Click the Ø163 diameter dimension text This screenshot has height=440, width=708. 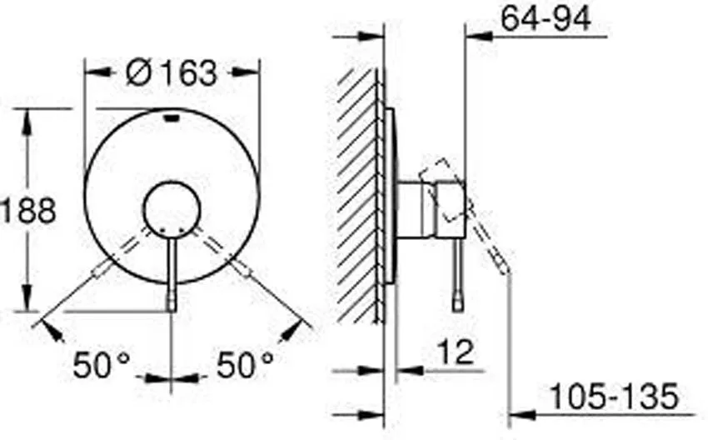(x=172, y=73)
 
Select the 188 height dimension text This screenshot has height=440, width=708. (x=28, y=210)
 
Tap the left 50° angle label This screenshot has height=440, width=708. (x=101, y=365)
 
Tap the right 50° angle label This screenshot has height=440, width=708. (x=245, y=365)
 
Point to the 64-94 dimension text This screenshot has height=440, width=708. (x=546, y=19)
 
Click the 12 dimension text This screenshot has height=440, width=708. (x=456, y=352)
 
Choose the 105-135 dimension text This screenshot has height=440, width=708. (x=615, y=396)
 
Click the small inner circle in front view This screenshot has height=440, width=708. (x=172, y=210)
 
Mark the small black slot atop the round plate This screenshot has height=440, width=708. (x=172, y=118)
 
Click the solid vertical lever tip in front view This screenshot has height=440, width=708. (x=172, y=302)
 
